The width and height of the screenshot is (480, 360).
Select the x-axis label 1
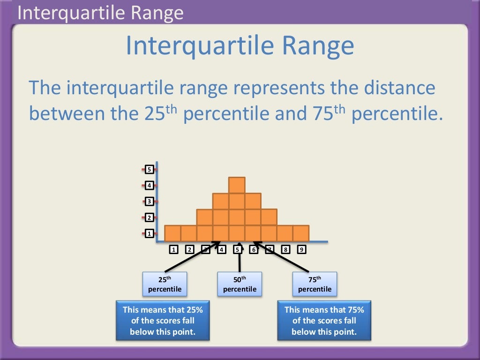click(173, 249)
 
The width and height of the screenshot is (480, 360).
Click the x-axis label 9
click(301, 249)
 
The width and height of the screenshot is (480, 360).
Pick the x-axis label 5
click(237, 249)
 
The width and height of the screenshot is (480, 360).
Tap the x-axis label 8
click(285, 249)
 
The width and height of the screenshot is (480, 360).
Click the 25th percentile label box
click(165, 284)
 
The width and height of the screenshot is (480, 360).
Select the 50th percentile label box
click(240, 284)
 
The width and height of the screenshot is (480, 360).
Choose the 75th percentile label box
click(315, 284)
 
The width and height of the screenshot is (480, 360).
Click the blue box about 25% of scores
click(163, 321)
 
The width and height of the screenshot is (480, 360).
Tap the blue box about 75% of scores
click(324, 321)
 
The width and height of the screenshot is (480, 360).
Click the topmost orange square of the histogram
click(237, 185)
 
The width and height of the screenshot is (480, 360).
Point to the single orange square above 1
click(172, 233)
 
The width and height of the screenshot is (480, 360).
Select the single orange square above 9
click(301, 233)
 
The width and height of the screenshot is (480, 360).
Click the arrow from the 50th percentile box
click(240, 258)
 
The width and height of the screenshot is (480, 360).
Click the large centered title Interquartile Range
click(240, 46)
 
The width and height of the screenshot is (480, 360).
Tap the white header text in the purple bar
click(100, 13)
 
